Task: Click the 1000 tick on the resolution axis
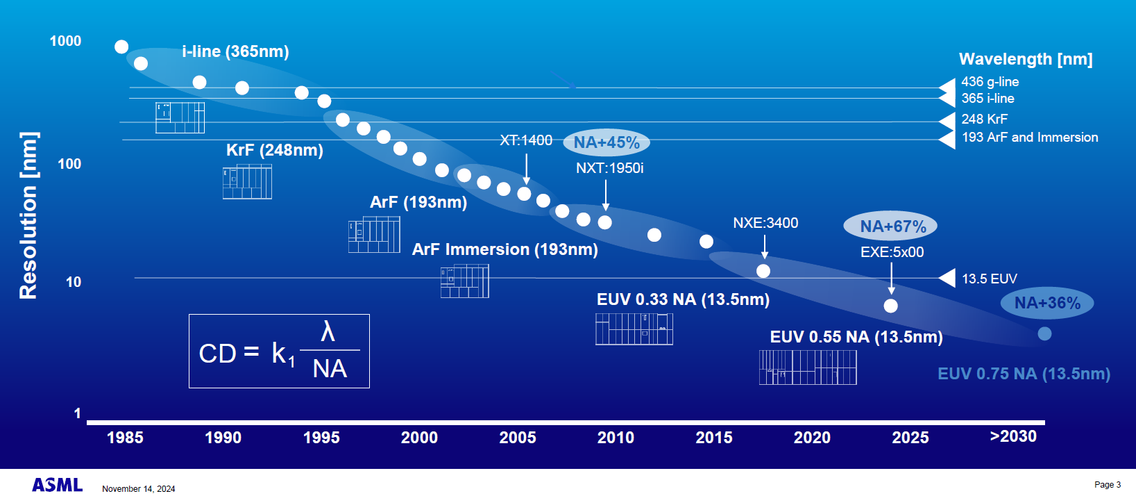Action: pos(65,41)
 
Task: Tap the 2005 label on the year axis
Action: pos(518,438)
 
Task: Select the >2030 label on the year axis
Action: pos(1013,436)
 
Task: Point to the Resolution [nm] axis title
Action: pos(28,215)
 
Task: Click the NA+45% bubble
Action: pos(607,142)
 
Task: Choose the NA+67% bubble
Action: pos(892,226)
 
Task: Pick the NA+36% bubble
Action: pos(1047,303)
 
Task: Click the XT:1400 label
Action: pos(526,140)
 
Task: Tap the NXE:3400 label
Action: pos(765,223)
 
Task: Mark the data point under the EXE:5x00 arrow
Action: pos(891,306)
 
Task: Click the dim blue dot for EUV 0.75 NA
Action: pos(1044,334)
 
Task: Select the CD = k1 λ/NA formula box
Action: pos(279,351)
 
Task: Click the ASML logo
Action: pos(58,485)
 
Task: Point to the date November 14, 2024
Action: pos(139,489)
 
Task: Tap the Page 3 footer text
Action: pos(1107,485)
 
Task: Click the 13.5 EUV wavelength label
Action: pos(989,279)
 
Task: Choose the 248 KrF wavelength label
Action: pos(984,119)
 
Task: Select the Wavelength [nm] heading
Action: pos(1026,59)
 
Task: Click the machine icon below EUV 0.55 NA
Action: pos(808,367)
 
